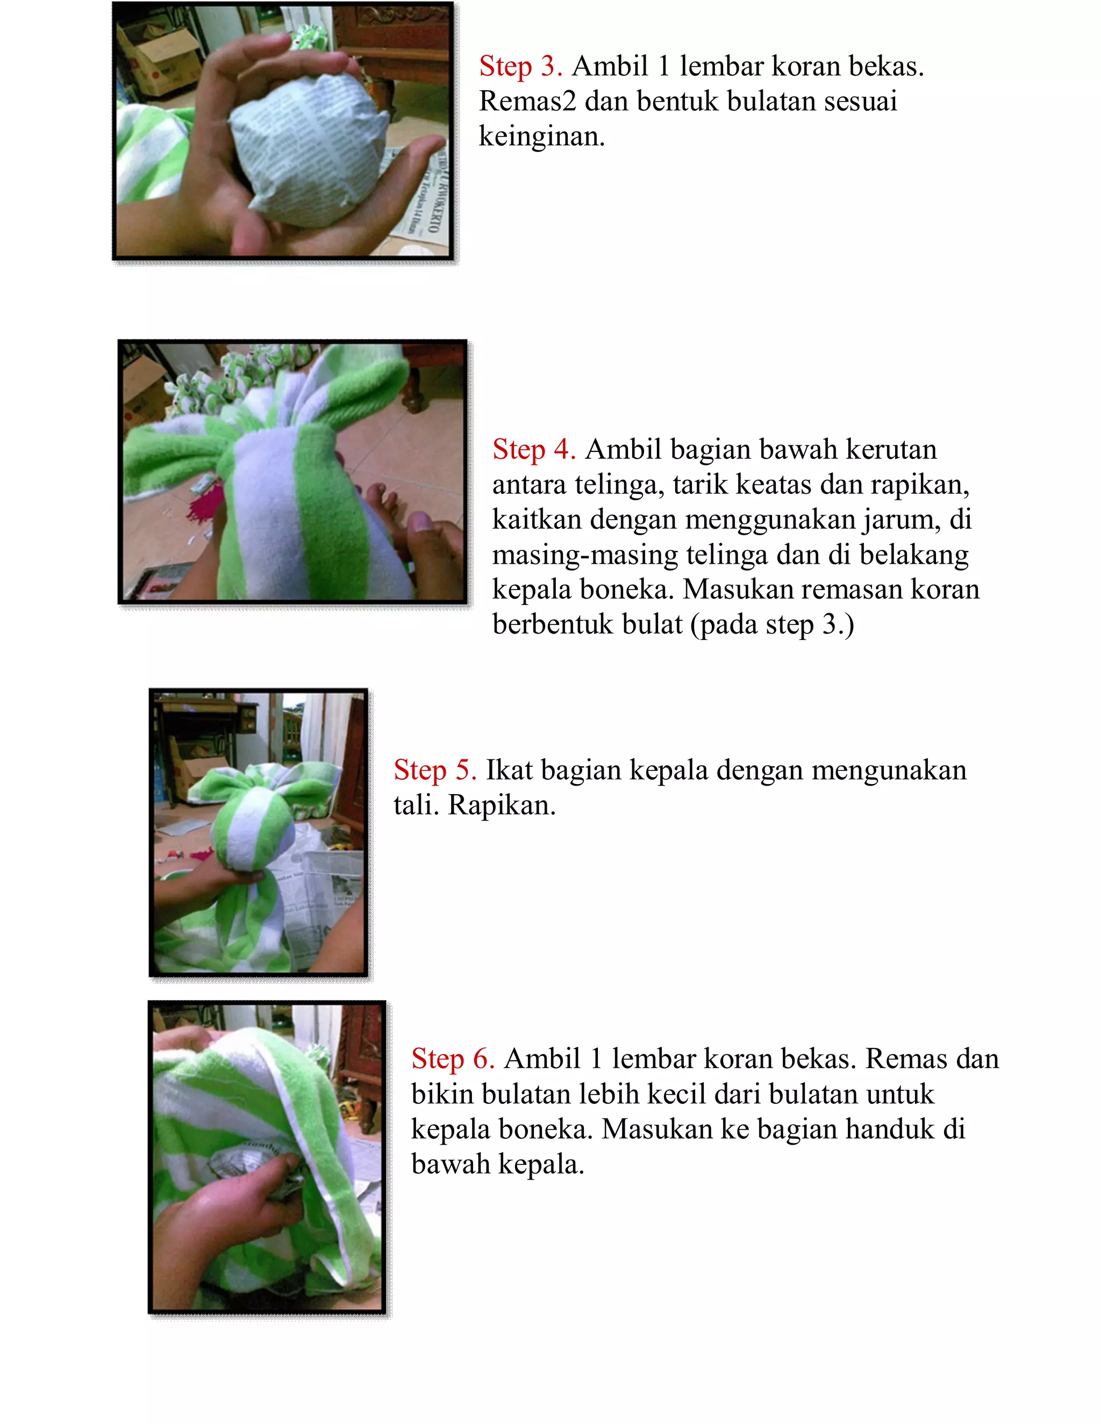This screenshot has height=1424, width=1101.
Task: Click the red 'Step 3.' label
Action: tap(520, 67)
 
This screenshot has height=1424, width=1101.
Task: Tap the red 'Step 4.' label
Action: tap(533, 450)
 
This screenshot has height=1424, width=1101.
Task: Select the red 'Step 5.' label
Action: tap(434, 771)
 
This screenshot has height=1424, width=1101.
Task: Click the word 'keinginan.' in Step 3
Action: tap(541, 136)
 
